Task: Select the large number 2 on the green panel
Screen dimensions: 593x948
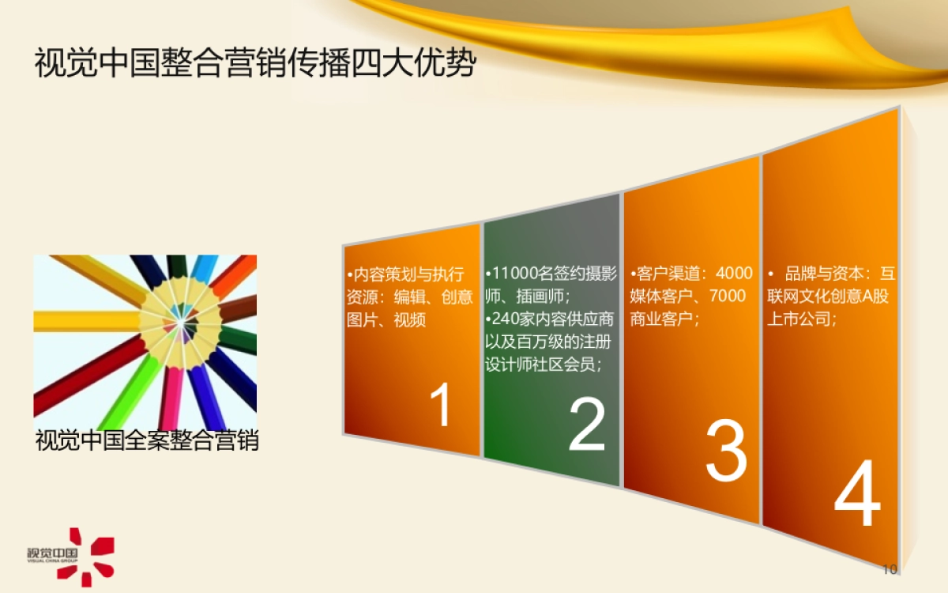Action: [x=586, y=425]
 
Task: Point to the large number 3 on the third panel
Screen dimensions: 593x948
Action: [x=726, y=451]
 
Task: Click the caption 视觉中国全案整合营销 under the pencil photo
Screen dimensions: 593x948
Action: [x=147, y=440]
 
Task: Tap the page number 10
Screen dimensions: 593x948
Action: [x=889, y=570]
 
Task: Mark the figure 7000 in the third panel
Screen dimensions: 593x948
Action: [x=727, y=296]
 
